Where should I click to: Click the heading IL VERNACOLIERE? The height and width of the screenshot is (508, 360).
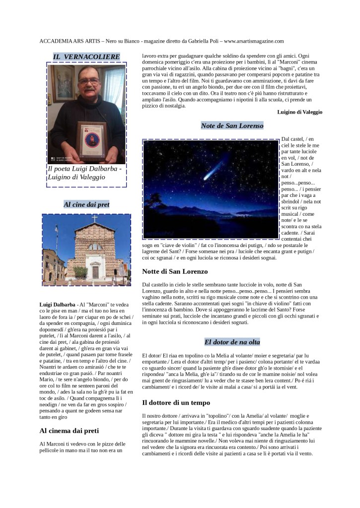86,57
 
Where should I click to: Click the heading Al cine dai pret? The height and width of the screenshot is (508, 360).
86,204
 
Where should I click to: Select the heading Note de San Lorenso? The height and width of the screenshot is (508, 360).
232,126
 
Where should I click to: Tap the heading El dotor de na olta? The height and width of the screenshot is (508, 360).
232,342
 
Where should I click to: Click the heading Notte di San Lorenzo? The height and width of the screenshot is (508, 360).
175,271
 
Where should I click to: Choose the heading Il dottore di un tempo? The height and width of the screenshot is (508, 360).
176,402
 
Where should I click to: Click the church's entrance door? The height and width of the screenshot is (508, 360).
95,272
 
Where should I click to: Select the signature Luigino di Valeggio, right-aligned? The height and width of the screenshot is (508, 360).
299,112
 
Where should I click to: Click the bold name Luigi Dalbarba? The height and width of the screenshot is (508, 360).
57,304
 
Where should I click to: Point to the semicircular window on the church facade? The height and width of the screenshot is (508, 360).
95,247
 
